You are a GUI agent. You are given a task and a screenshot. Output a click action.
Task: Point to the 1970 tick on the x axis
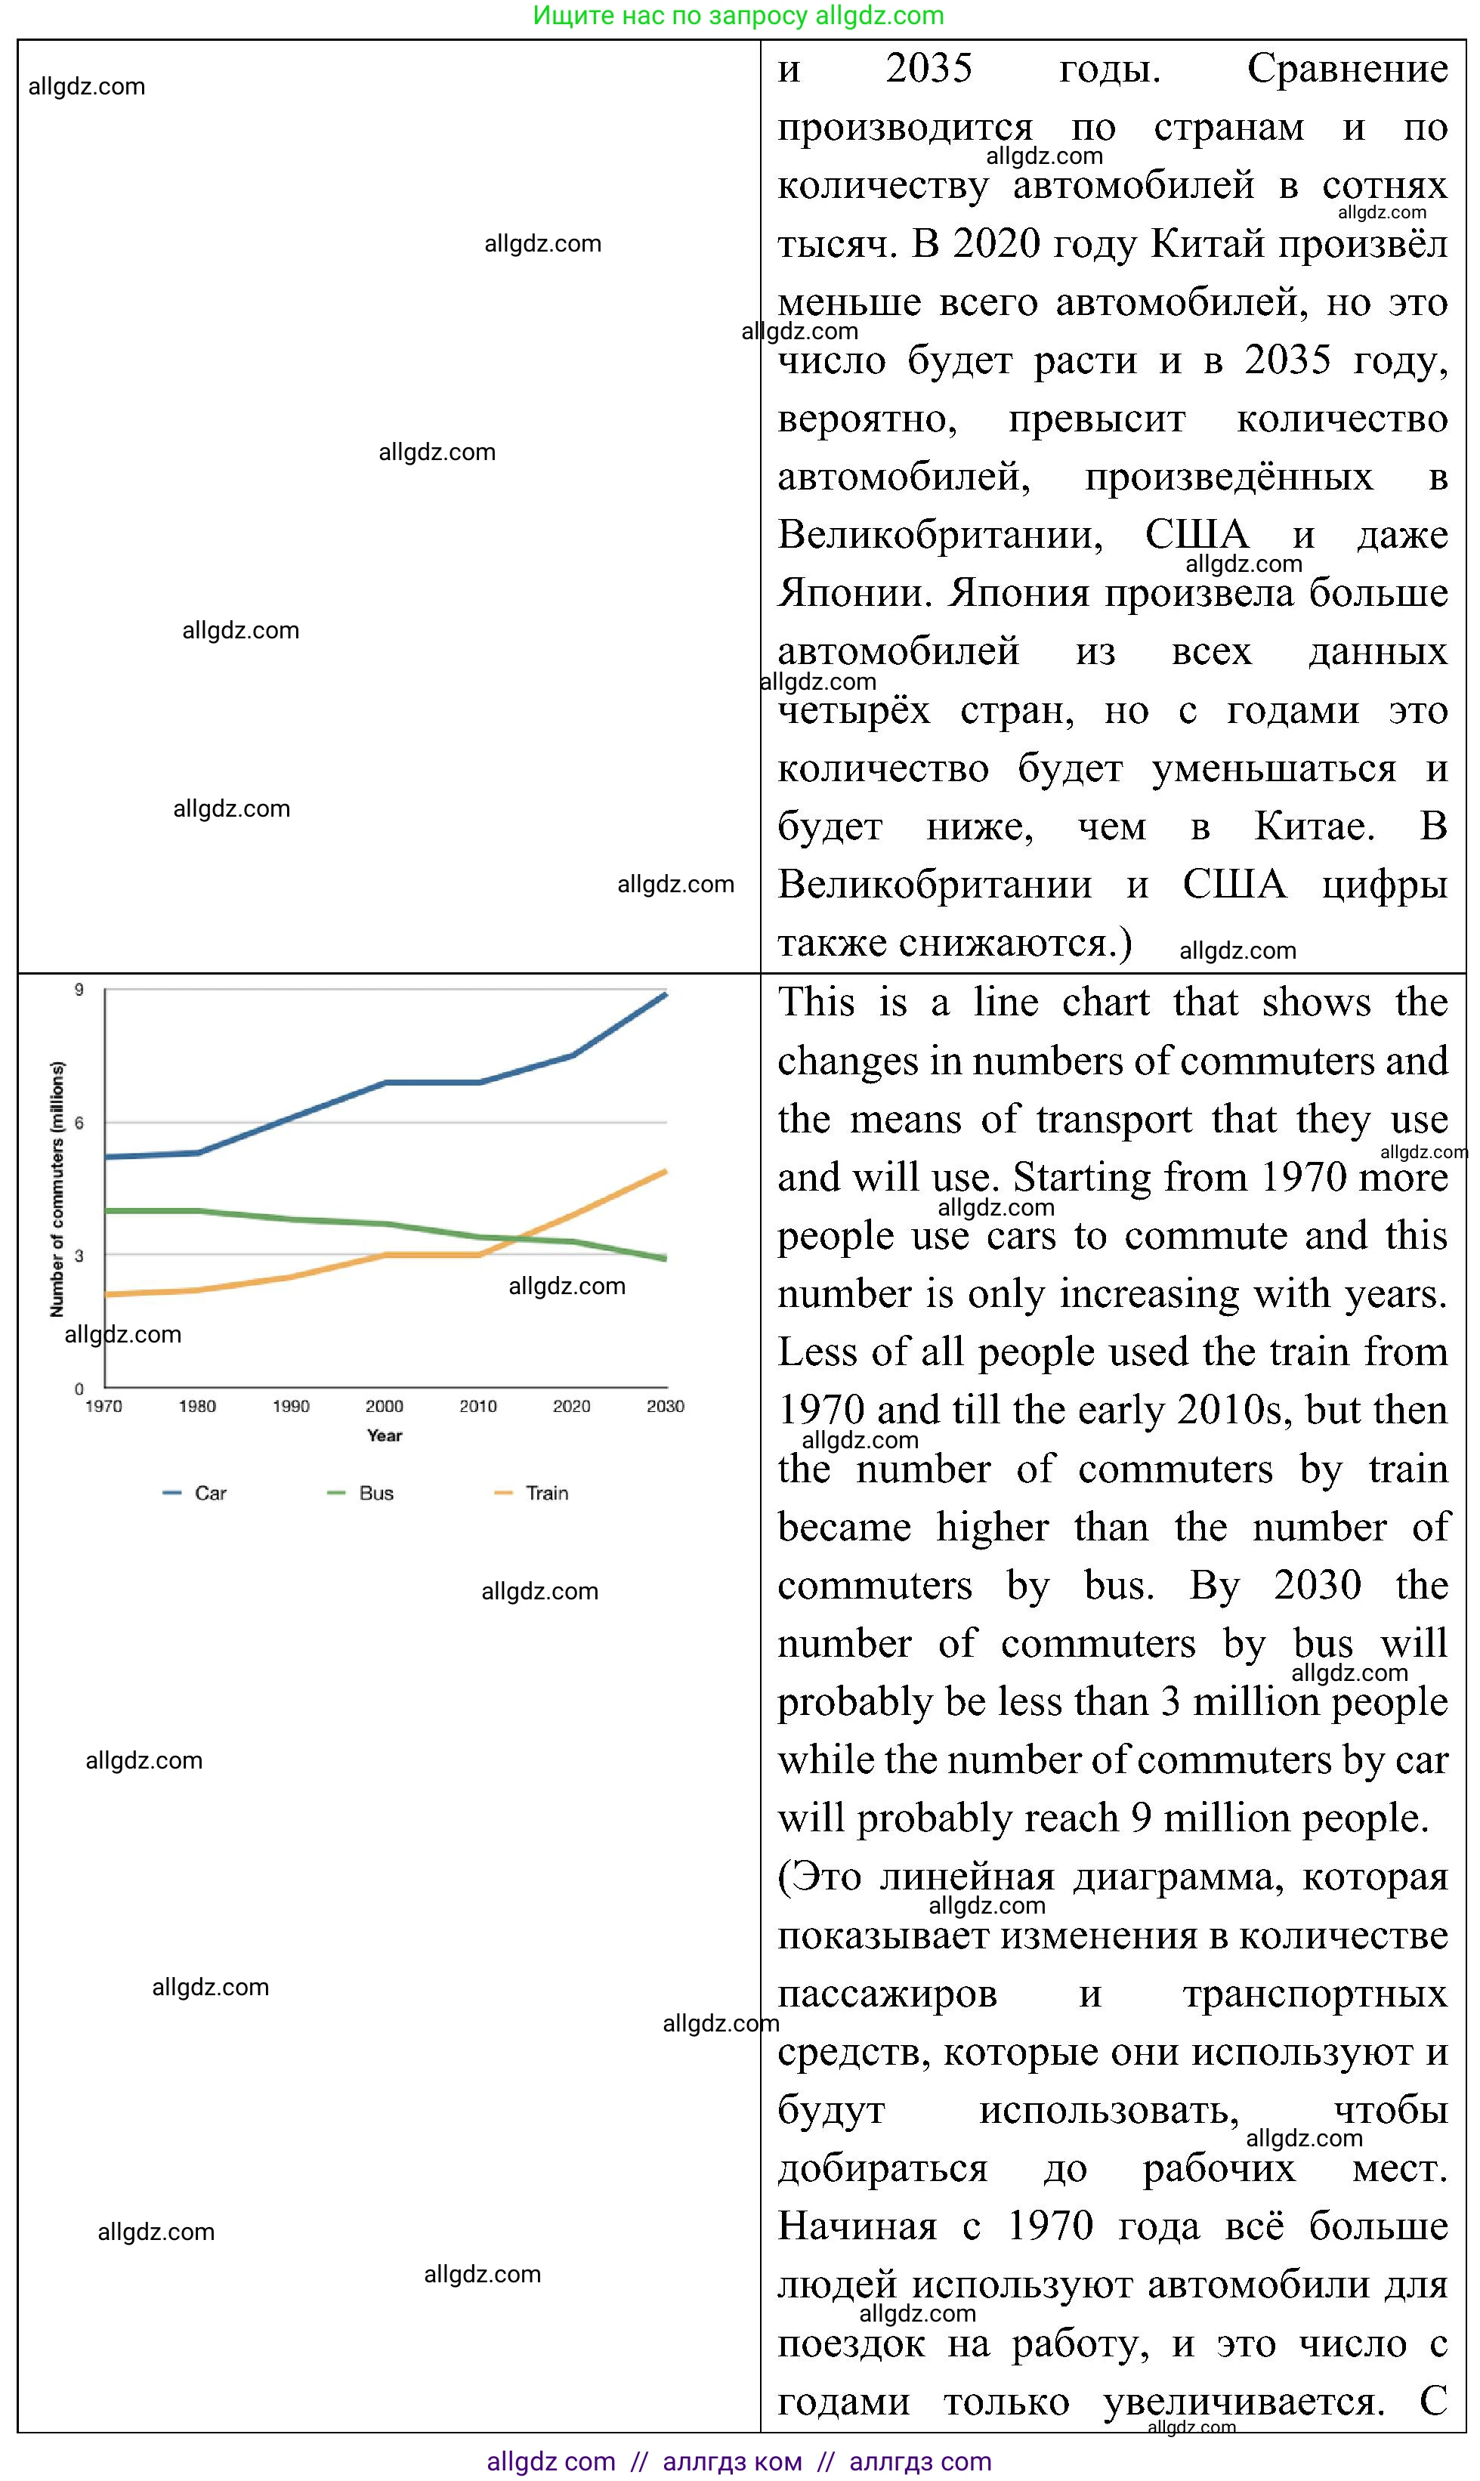(x=104, y=1406)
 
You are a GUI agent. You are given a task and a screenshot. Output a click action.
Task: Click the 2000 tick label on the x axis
(x=384, y=1406)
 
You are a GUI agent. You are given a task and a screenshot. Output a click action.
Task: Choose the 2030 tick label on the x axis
(x=665, y=1406)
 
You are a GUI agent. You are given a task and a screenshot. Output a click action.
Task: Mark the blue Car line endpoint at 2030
(x=665, y=994)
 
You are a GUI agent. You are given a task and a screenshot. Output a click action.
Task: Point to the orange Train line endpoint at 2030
(x=665, y=1172)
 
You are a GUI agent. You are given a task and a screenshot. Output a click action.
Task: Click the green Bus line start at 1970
(x=106, y=1210)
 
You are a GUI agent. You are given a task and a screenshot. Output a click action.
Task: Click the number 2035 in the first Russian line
(x=928, y=68)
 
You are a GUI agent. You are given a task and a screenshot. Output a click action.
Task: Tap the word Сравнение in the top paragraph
(x=1346, y=68)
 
